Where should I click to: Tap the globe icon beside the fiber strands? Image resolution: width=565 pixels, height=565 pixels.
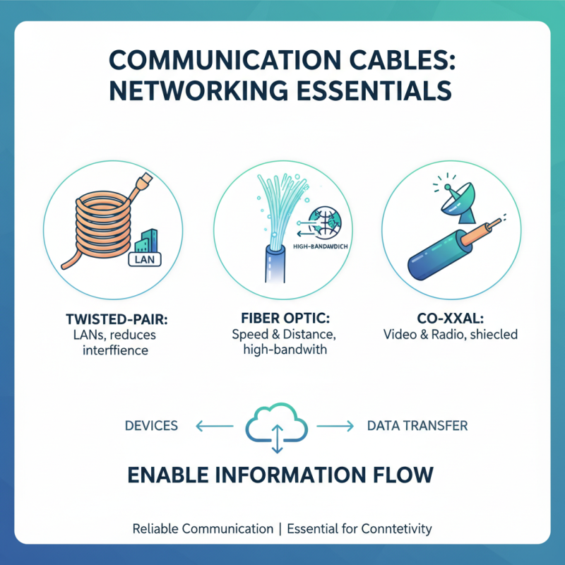(x=325, y=220)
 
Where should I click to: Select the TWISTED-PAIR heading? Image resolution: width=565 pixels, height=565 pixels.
(x=111, y=318)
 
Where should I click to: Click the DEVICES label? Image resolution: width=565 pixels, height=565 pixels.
(x=150, y=426)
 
